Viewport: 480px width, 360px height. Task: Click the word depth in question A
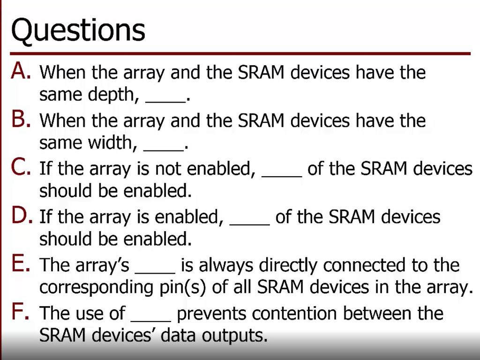114,95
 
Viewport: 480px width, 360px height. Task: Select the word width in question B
112,143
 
